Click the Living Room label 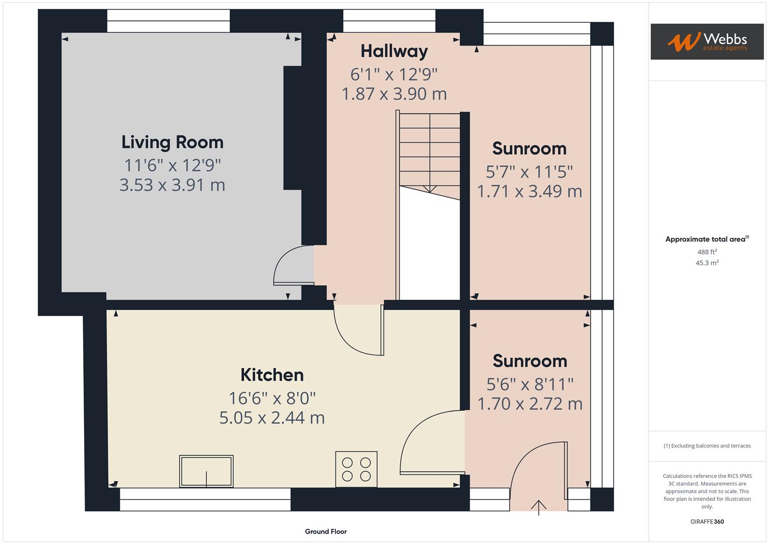(x=172, y=143)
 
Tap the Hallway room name (x=394, y=52)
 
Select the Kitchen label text (x=272, y=375)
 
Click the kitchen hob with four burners (x=357, y=469)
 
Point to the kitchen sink (x=206, y=471)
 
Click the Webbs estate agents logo (x=707, y=41)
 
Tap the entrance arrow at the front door (x=539, y=508)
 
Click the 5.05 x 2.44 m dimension (x=272, y=418)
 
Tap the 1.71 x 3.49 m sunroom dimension (x=530, y=191)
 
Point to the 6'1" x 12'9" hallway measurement (x=394, y=75)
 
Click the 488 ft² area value (x=707, y=252)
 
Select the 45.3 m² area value (x=707, y=263)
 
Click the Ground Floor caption (x=326, y=531)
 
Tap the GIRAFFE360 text (x=707, y=522)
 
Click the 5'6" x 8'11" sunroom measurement (x=530, y=384)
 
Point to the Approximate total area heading (x=707, y=239)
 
